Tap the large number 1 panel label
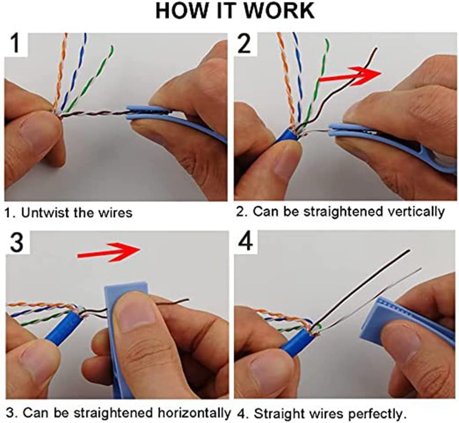click(16, 45)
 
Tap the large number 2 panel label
click(246, 45)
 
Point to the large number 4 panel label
click(246, 243)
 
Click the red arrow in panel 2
click(351, 76)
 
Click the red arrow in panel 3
click(110, 250)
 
